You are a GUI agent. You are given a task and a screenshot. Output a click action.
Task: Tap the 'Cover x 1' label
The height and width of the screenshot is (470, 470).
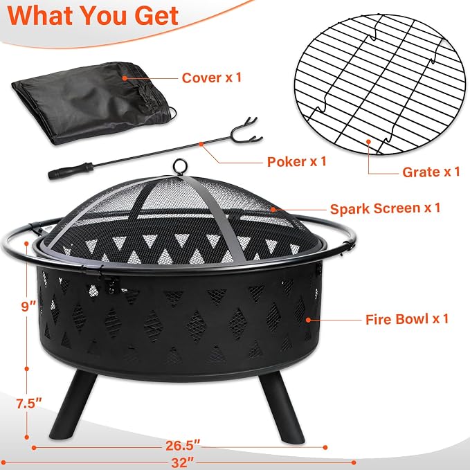pyautogui.click(x=212, y=78)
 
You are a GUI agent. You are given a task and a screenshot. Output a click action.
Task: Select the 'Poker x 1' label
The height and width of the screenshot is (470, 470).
pyautogui.click(x=297, y=161)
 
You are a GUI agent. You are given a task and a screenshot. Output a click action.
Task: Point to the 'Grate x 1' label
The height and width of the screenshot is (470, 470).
pyautogui.click(x=431, y=172)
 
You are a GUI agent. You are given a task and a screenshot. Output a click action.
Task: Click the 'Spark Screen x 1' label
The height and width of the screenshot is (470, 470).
pyautogui.click(x=385, y=208)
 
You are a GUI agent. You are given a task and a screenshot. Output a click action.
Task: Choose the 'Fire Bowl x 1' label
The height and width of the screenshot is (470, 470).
pyautogui.click(x=407, y=319)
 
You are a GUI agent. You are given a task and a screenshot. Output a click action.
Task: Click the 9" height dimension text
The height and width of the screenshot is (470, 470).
pyautogui.click(x=28, y=307)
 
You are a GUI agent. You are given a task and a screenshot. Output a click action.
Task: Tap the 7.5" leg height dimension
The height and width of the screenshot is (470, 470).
pyautogui.click(x=29, y=404)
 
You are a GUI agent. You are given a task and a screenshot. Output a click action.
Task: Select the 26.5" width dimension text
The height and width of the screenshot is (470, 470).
pyautogui.click(x=183, y=445)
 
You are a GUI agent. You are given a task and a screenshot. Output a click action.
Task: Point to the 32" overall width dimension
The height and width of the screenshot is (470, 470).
pyautogui.click(x=183, y=462)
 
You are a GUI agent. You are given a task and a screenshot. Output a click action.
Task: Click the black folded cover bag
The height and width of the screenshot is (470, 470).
pyautogui.click(x=94, y=102)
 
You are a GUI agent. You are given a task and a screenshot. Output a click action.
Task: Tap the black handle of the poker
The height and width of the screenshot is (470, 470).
pyautogui.click(x=71, y=171)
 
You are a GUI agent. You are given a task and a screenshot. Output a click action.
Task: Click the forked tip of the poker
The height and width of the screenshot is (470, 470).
pyautogui.click(x=246, y=130)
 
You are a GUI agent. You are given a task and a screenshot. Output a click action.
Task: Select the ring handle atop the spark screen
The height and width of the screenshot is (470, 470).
pyautogui.click(x=180, y=166)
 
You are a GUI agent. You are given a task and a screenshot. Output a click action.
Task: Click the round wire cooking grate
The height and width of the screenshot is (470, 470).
pyautogui.click(x=379, y=84)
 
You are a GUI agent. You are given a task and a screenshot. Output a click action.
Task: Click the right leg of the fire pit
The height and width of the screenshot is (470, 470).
pyautogui.click(x=281, y=408)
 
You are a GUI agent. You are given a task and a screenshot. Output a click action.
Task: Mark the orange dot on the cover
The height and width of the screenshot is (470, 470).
pyautogui.click(x=125, y=78)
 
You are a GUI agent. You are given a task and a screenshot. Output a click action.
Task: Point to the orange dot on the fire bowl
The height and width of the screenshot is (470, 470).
pyautogui.click(x=308, y=320)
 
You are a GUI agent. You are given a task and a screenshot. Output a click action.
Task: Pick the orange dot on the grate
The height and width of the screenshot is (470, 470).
pyautogui.click(x=368, y=141)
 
